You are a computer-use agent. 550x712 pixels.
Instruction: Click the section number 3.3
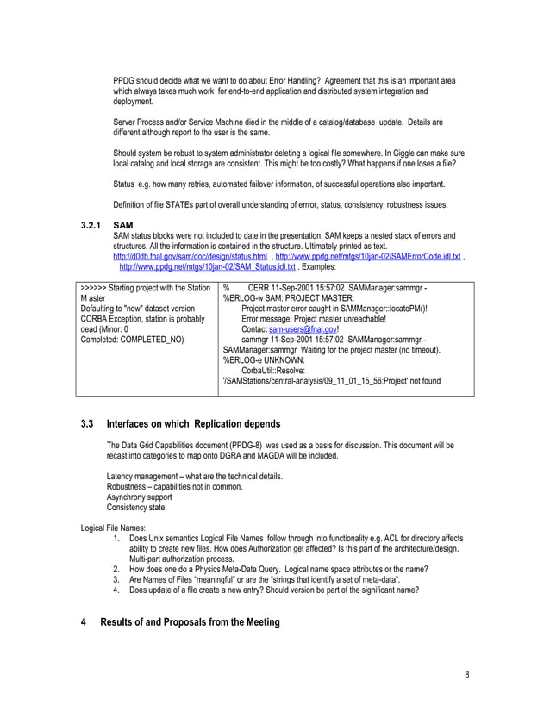(86, 424)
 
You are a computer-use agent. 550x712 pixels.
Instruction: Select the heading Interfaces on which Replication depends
(193, 424)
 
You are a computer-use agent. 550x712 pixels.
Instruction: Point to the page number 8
(467, 674)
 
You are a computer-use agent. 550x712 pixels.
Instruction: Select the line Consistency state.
(134, 507)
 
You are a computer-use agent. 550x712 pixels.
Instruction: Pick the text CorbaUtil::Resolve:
(276, 371)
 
